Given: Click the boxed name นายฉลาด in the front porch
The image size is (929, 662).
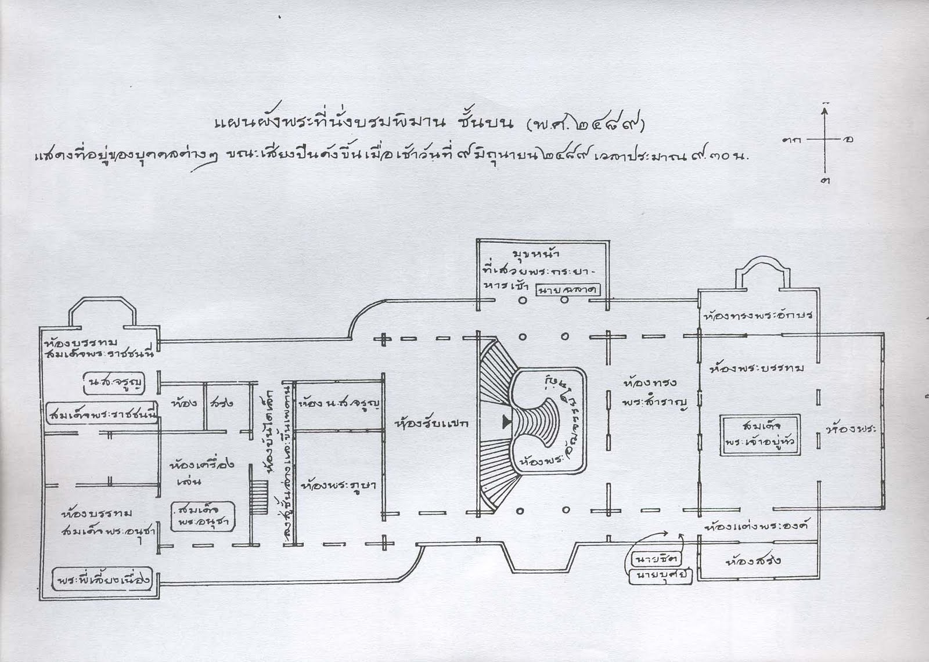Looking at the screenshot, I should [568, 290].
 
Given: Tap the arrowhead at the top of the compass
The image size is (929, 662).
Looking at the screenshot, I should [824, 107].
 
